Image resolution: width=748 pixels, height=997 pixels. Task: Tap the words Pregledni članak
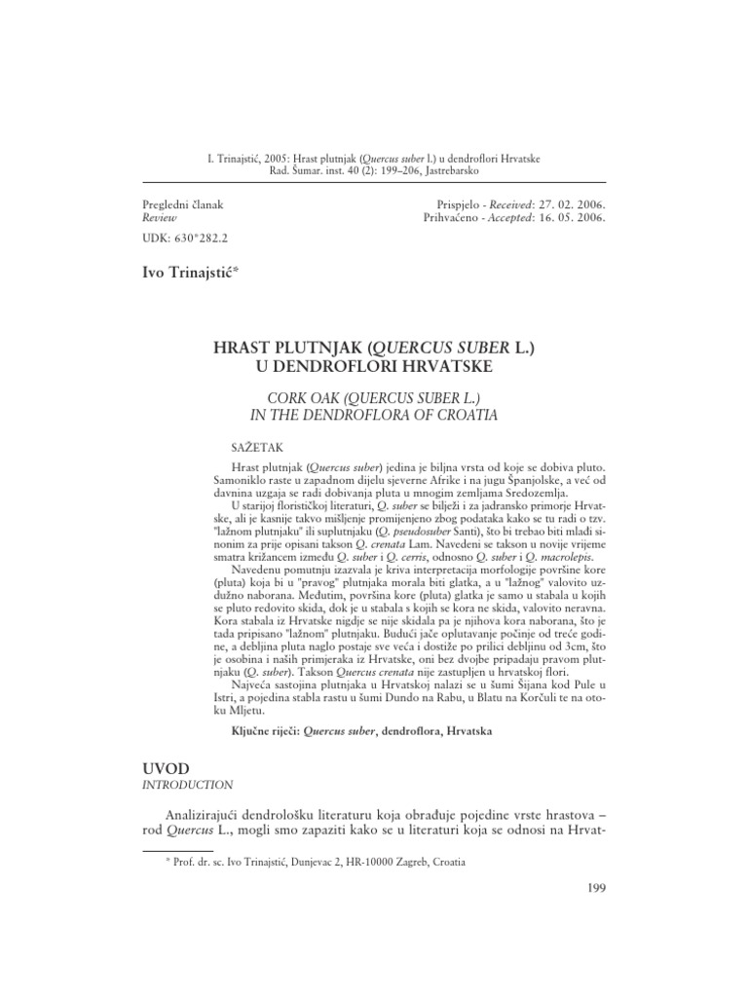(x=182, y=205)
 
